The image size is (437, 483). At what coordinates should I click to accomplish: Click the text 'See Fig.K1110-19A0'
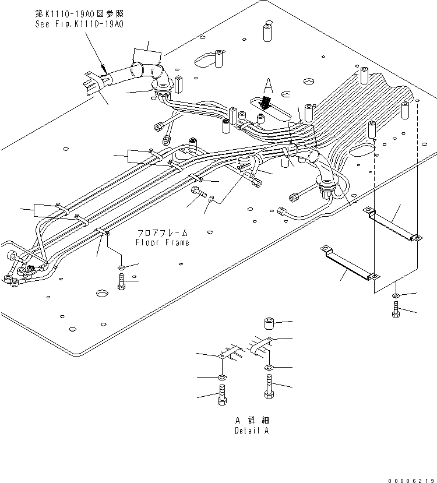point(79,24)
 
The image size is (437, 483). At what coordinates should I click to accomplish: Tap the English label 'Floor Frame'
point(163,242)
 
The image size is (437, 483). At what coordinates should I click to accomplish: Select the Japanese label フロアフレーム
point(163,232)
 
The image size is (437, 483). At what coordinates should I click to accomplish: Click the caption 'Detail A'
point(252,431)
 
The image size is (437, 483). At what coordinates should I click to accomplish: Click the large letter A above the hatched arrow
point(267,86)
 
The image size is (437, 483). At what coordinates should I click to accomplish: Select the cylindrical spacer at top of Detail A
point(269,323)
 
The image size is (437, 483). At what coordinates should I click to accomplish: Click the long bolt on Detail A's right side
point(269,386)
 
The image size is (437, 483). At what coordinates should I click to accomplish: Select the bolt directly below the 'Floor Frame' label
point(121,283)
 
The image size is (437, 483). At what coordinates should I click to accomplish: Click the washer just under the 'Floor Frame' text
point(121,267)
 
